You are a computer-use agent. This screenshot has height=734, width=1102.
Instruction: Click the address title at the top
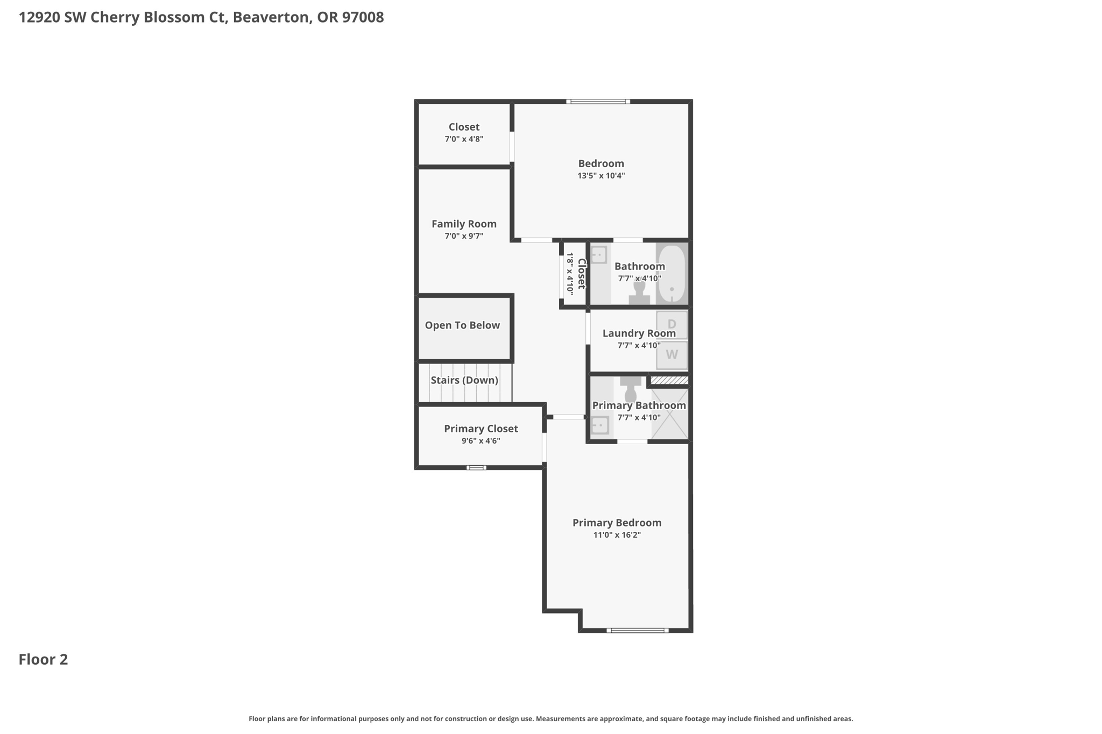(201, 17)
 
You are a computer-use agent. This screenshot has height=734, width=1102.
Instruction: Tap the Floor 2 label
(44, 659)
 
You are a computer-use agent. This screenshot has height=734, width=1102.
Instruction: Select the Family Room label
(464, 224)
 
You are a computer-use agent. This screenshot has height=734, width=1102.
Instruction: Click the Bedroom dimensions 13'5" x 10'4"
(601, 176)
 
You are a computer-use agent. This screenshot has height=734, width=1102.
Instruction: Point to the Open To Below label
(462, 325)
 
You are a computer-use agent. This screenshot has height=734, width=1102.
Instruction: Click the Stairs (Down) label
(464, 380)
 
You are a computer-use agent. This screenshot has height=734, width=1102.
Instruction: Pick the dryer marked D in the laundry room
(672, 324)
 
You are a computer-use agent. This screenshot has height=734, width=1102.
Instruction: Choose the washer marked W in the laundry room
(672, 355)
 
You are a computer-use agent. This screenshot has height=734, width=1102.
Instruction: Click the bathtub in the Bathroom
(672, 274)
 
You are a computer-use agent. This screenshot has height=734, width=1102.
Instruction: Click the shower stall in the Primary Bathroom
(670, 413)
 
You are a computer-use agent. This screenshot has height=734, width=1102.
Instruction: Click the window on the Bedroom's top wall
(598, 101)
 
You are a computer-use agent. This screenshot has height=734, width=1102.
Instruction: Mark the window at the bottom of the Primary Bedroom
(638, 630)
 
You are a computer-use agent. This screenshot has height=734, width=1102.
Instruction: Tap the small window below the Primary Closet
(476, 468)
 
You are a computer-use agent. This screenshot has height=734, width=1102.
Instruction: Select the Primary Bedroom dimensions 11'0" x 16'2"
(617, 535)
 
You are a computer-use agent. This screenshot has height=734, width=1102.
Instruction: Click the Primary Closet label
(481, 429)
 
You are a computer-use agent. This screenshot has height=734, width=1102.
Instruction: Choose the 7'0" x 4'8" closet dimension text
(464, 139)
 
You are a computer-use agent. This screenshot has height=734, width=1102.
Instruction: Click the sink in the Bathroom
(599, 255)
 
